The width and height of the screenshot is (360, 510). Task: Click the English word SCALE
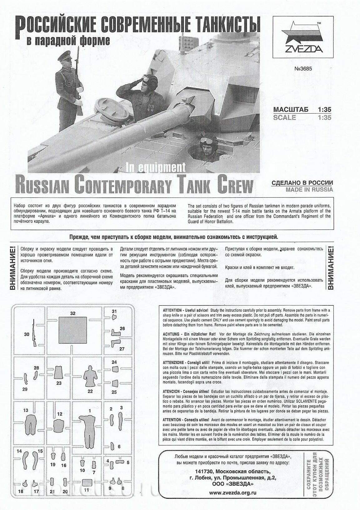(x=284, y=118)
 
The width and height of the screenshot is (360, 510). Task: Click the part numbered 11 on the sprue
(x=86, y=491)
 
